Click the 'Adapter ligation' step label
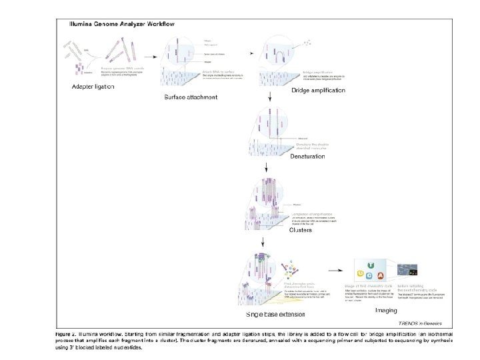tap(93, 87)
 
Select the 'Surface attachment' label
tap(191, 97)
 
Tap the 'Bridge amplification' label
tap(319, 89)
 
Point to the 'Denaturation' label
tap(289, 156)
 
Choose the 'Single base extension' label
tap(275, 313)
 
